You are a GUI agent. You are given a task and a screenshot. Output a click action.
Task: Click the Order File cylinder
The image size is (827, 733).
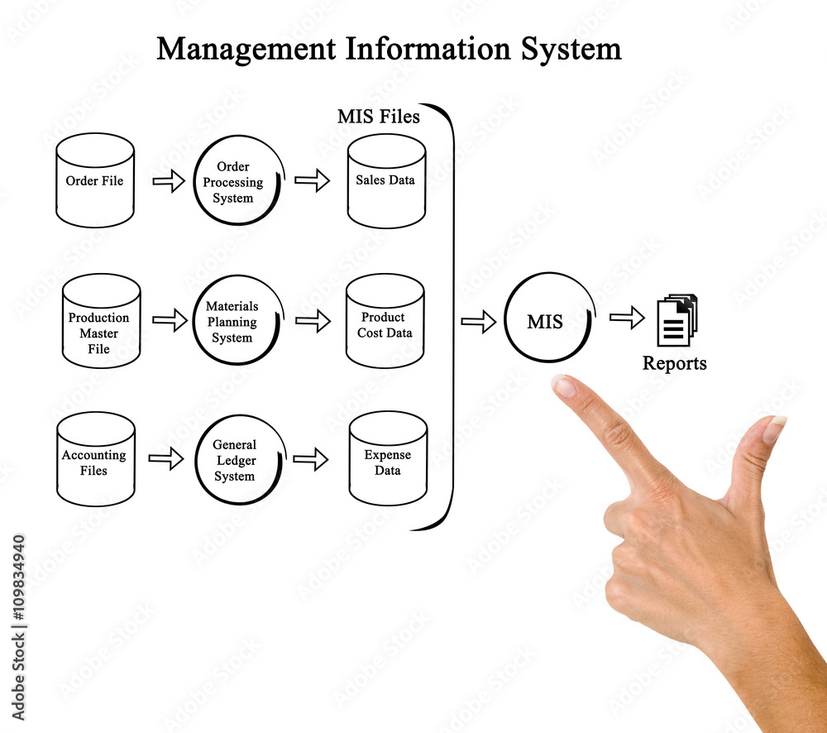(95, 180)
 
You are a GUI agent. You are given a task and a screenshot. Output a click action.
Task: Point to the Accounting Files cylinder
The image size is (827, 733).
(95, 459)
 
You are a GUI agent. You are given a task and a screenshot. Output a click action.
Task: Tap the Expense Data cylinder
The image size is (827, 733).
(388, 459)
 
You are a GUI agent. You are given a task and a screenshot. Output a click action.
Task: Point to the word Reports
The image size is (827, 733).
(675, 363)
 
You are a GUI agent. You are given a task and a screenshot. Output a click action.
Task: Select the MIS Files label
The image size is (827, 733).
(379, 117)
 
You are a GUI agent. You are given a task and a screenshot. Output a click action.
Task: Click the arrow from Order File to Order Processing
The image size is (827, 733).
(169, 181)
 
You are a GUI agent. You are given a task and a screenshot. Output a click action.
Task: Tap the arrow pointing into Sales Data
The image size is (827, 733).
(312, 181)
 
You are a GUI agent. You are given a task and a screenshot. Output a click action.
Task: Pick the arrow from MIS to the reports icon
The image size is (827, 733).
(627, 317)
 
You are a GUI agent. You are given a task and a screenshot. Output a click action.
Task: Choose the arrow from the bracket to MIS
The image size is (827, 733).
(478, 322)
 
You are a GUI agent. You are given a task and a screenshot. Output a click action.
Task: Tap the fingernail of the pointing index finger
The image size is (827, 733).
(565, 386)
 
